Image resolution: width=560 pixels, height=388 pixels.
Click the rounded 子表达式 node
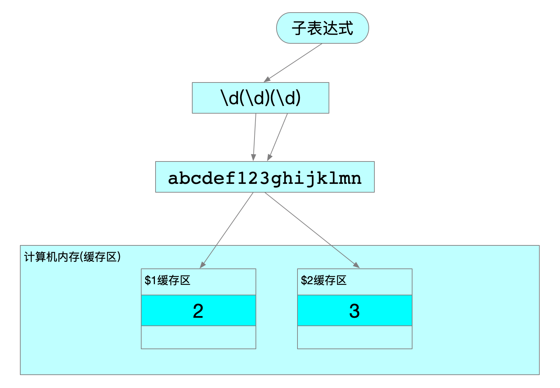[x=322, y=28]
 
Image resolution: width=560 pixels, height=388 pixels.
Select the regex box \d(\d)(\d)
[x=260, y=98]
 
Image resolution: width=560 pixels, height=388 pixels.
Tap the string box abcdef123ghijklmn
[x=265, y=177]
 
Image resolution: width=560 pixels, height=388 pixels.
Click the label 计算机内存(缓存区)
[x=72, y=257]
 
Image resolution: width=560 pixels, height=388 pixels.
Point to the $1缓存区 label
[x=167, y=280]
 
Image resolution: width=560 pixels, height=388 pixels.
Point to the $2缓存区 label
[x=324, y=280]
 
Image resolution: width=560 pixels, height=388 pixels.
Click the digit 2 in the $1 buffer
[x=198, y=311]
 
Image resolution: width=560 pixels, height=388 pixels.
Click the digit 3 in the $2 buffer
[x=354, y=311]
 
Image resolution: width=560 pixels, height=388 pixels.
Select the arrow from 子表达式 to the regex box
[x=293, y=63]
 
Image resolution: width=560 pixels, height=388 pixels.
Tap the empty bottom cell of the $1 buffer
[x=198, y=337]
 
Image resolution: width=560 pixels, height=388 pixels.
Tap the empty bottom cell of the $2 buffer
[x=354, y=337]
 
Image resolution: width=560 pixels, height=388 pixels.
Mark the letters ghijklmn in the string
[x=316, y=178]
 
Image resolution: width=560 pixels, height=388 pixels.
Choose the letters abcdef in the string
[x=202, y=178]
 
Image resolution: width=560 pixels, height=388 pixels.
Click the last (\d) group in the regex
[x=286, y=98]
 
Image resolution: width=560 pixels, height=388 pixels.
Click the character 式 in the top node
[x=345, y=28]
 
